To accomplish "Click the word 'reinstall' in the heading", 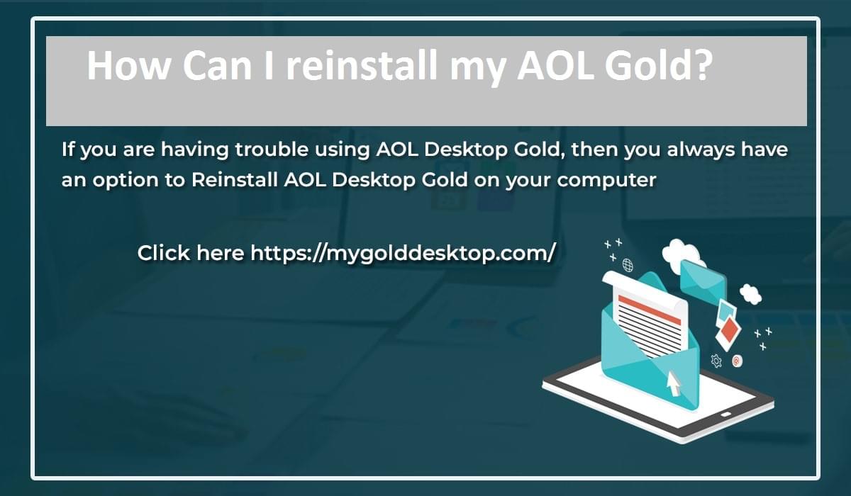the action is click(361, 65).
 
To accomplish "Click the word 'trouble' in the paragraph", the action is click(272, 149).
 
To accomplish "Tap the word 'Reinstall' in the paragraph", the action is click(235, 179).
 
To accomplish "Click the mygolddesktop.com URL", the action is click(403, 254).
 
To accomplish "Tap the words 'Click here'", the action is click(190, 253).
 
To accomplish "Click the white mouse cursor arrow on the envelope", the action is click(674, 383).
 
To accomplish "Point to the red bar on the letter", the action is click(650, 310).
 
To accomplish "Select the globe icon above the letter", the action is click(628, 265).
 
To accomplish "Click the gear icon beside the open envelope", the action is click(716, 361).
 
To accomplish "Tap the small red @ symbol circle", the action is click(737, 361).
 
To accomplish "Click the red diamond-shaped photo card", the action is click(729, 329).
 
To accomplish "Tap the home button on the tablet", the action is click(725, 414).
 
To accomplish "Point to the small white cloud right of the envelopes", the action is click(750, 294).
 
